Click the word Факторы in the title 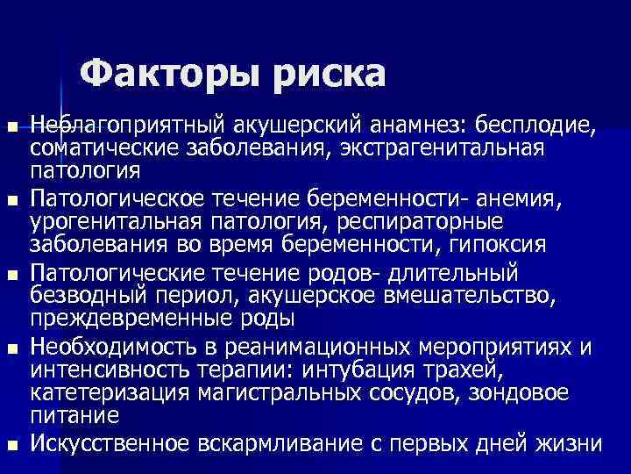point(167,73)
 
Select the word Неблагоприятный point(118,126)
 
